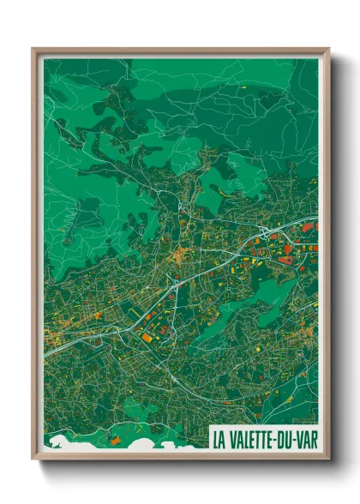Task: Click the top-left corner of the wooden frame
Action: point(33,50)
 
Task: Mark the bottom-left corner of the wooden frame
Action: point(33,457)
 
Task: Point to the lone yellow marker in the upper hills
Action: point(243,87)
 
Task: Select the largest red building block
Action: point(287,249)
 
